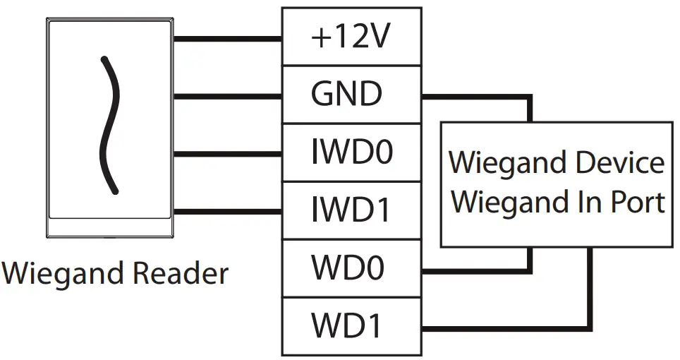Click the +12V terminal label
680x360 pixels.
coord(351,37)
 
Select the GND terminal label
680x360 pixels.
coord(346,95)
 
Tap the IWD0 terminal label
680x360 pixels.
coord(351,152)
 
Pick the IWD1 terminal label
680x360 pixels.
coord(351,210)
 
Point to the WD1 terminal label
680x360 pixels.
coord(348,327)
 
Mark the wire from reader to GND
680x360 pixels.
coord(226,96)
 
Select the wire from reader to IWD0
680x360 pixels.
coord(226,154)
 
